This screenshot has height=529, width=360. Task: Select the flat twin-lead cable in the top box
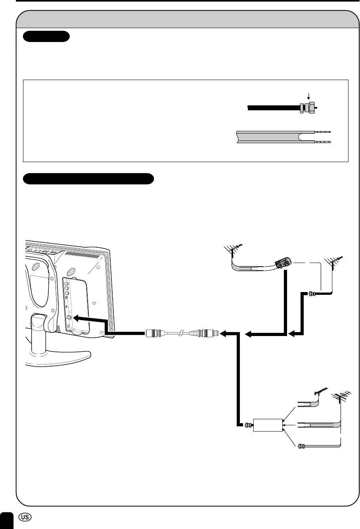tap(274, 137)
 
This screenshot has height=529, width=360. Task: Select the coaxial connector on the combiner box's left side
tap(247, 425)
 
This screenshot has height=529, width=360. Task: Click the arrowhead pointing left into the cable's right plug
tap(224, 334)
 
